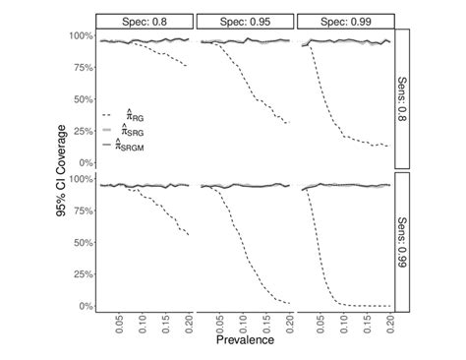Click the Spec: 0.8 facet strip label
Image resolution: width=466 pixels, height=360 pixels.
tap(146, 22)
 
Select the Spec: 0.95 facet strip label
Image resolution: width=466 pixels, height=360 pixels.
tap(245, 22)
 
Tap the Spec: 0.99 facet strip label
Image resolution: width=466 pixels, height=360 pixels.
tap(344, 22)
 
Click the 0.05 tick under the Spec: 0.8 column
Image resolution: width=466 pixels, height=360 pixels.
tap(119, 323)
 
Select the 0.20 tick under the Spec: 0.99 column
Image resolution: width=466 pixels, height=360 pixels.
tap(389, 323)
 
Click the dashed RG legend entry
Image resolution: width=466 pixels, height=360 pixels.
tap(110, 116)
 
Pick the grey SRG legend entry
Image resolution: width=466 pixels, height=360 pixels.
tap(110, 131)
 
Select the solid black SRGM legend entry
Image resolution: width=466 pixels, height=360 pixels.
tap(110, 145)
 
